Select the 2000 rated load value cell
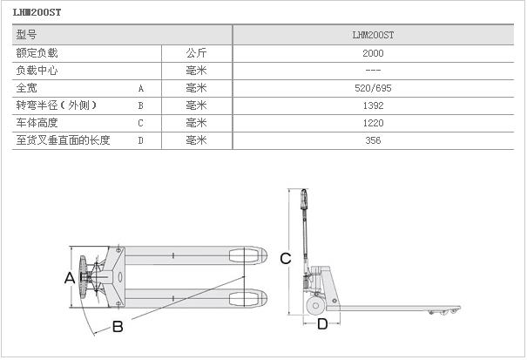(373, 53)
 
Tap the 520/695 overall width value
(373, 88)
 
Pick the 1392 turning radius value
(373, 105)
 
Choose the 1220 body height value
(373, 123)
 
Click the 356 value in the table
(373, 140)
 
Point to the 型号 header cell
(27, 36)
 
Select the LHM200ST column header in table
(373, 36)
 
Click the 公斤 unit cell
(196, 53)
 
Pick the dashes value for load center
(373, 71)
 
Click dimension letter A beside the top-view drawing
(69, 277)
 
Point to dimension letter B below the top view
(118, 327)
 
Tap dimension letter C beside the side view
(285, 258)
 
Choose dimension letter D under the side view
(322, 324)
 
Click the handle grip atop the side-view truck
(304, 202)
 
